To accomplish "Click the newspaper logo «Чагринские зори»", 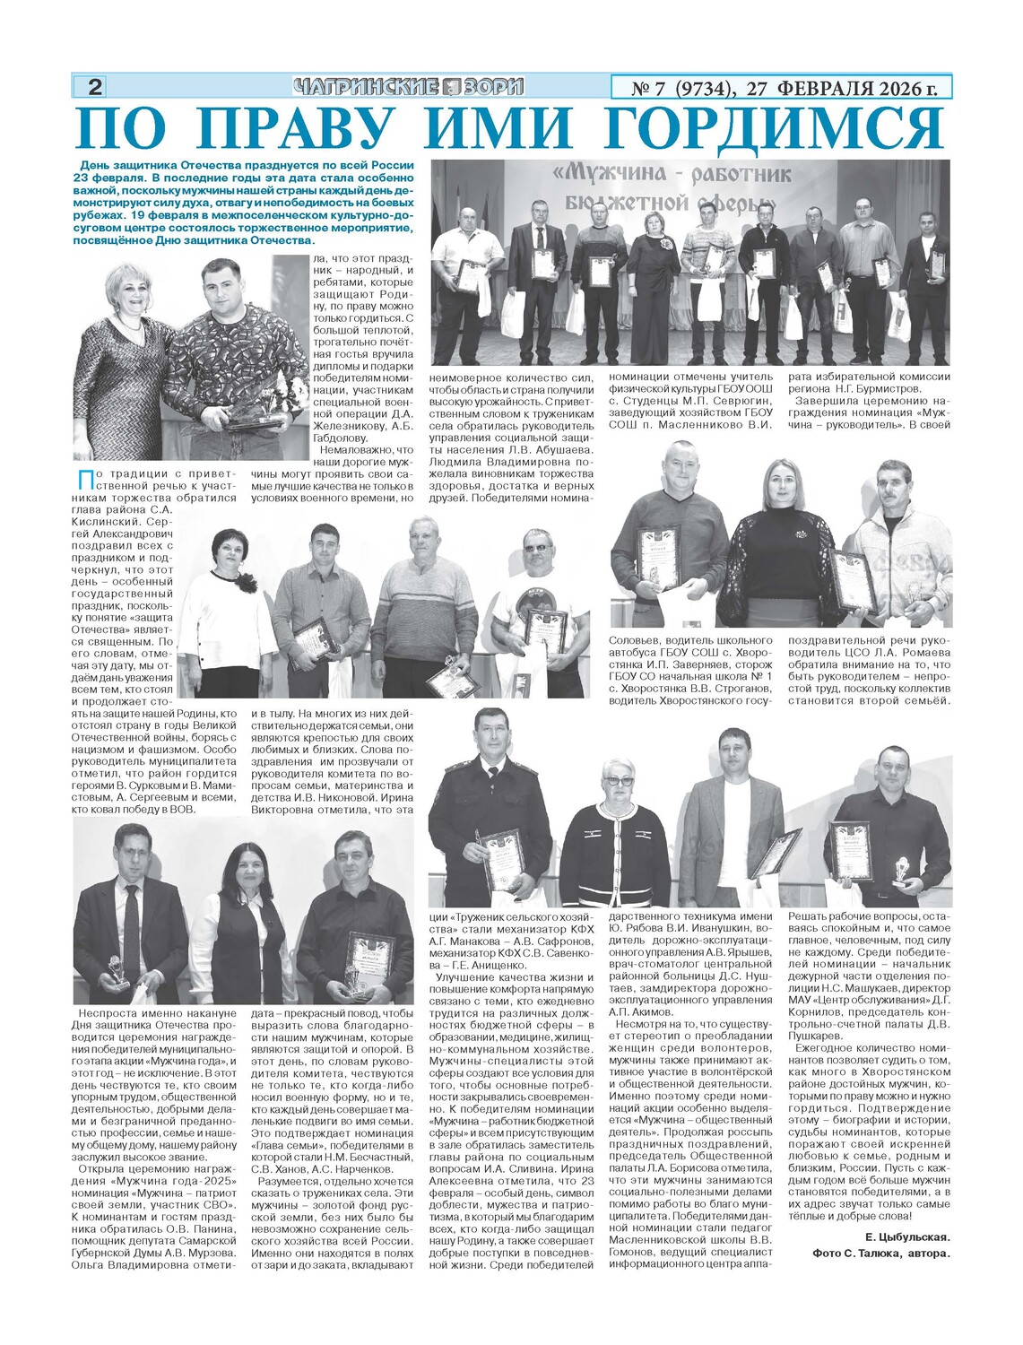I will (408, 87).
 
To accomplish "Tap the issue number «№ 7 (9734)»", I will (683, 88).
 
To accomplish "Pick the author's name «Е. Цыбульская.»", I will (906, 1237).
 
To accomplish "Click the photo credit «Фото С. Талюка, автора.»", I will (880, 1253).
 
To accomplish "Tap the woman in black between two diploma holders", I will (782, 547).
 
